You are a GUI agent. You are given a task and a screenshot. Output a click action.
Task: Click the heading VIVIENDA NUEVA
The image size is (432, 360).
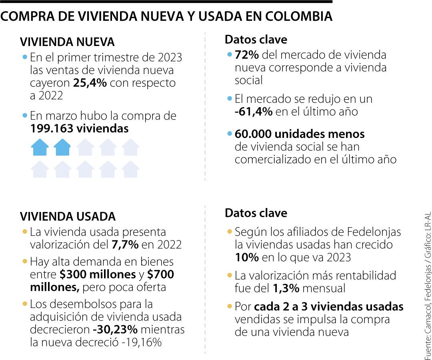(67, 42)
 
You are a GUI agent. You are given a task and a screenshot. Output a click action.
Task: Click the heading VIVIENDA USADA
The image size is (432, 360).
(68, 216)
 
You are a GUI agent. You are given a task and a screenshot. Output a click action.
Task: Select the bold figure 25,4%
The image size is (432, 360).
(90, 83)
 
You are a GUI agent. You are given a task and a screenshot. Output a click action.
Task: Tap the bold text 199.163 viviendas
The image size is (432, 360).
(79, 128)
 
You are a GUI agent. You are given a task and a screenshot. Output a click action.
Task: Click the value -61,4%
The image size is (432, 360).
(253, 112)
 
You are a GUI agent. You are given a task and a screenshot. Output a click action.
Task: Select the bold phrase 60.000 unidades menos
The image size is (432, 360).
(300, 134)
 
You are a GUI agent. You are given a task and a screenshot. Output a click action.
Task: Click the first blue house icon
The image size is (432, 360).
(40, 147)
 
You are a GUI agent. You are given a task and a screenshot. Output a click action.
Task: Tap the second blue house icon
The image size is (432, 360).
(62, 147)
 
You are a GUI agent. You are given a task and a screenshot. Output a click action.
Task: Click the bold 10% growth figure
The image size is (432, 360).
(246, 257)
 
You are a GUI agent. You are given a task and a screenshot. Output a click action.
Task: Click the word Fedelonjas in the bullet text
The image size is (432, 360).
(374, 232)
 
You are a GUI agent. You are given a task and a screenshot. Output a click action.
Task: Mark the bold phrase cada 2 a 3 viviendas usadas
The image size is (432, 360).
(328, 307)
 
